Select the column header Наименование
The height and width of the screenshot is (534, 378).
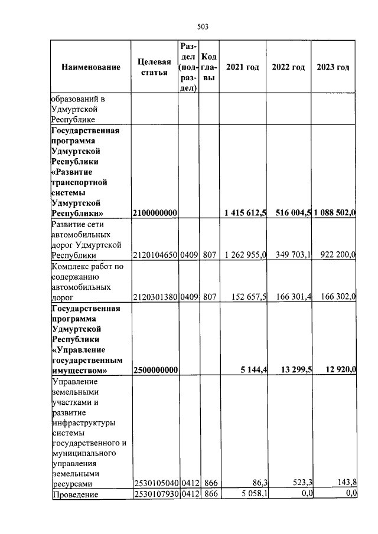pos(90,67)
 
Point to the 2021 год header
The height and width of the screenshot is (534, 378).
pos(242,67)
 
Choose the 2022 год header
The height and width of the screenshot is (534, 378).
pos(288,67)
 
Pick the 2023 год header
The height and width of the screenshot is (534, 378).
pos(333,67)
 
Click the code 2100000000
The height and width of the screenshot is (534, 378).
pos(154,212)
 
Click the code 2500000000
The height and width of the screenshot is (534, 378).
pos(154,370)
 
